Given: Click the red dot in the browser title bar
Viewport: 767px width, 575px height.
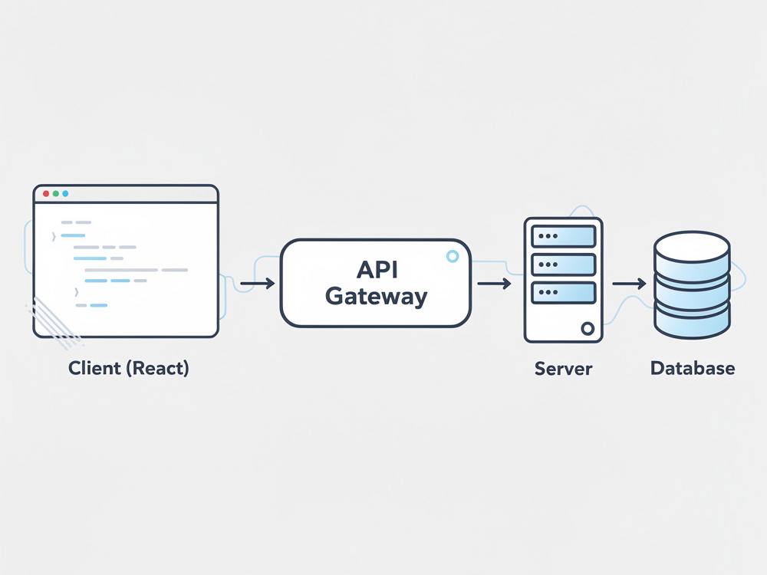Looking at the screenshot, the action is click(46, 194).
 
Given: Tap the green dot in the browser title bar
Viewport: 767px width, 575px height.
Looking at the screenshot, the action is click(56, 194).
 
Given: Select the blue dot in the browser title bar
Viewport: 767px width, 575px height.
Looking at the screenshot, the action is click(65, 194).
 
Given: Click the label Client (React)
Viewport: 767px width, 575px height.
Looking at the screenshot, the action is click(129, 368).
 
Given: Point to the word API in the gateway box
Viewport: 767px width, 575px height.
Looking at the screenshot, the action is click(377, 270).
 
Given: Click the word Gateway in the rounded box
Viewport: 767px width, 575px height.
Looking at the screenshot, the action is click(376, 297).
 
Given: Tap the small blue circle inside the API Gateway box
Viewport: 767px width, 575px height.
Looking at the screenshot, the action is click(453, 256).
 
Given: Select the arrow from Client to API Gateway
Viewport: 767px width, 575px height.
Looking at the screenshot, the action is click(257, 283).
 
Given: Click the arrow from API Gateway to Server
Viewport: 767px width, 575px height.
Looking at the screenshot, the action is click(494, 283).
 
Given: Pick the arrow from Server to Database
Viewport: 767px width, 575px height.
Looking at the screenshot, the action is click(629, 283).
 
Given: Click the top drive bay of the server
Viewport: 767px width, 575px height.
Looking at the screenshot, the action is click(564, 236).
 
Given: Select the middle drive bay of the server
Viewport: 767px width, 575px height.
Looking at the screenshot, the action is click(564, 264).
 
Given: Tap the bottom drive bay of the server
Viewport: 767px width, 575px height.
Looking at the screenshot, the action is click(564, 292).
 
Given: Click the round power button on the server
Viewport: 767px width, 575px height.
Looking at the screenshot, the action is click(588, 329).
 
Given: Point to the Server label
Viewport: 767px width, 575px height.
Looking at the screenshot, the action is click(564, 369).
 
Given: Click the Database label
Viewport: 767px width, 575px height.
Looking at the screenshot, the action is click(693, 368).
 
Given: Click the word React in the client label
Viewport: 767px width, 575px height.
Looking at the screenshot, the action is click(157, 368).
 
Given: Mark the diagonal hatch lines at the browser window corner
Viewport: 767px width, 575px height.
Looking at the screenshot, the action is click(54, 323).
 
